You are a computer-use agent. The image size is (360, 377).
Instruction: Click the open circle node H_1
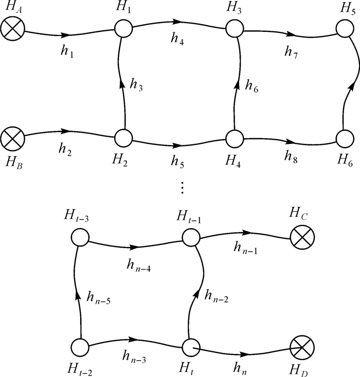[x=123, y=28]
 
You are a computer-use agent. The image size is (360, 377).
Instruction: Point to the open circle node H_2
[x=123, y=138]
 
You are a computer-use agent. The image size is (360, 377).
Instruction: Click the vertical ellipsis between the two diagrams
[x=181, y=188]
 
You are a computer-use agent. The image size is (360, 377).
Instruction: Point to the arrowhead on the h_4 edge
[x=177, y=22]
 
